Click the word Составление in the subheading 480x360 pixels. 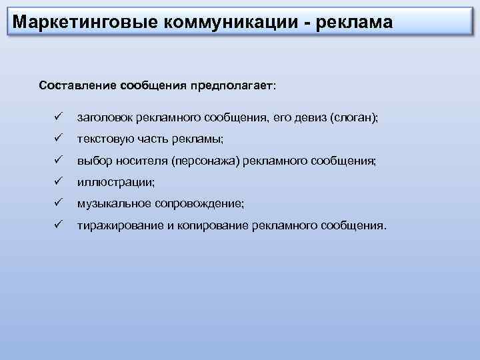click(x=77, y=86)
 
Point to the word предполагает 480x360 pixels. click(x=233, y=86)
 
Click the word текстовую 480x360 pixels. click(x=104, y=139)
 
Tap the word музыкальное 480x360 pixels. click(x=114, y=203)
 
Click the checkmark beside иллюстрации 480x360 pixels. click(x=58, y=182)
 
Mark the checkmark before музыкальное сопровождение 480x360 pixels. click(x=58, y=203)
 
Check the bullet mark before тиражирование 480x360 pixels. click(x=58, y=225)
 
